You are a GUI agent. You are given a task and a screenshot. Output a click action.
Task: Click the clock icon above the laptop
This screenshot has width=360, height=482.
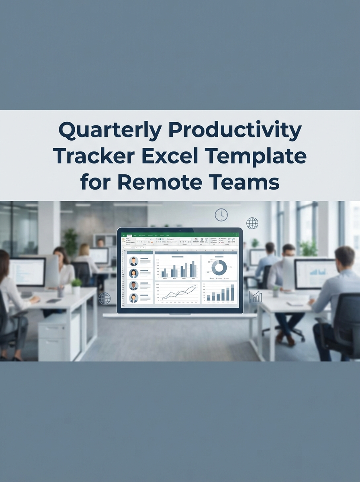[x=221, y=214]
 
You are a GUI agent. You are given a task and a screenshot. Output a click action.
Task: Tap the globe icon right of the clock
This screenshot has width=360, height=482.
[x=252, y=223]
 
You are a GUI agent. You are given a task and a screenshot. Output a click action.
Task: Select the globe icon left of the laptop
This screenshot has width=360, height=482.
[x=104, y=298]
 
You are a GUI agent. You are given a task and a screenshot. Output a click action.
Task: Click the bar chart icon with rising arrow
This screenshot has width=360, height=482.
[x=256, y=297]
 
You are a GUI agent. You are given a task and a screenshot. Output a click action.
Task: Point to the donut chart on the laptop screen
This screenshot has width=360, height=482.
[x=219, y=268]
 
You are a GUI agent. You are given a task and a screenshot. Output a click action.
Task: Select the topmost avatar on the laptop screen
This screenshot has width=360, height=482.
[x=133, y=261]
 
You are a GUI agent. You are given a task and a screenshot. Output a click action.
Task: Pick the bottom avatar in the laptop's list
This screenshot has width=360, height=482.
[x=133, y=298]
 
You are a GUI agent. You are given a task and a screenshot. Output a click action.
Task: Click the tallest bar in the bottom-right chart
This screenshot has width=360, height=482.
[x=233, y=292]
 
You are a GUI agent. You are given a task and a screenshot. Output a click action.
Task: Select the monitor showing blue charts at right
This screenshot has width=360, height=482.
[x=316, y=274]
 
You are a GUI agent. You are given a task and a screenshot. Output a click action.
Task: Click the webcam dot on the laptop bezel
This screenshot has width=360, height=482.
[x=180, y=231]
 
